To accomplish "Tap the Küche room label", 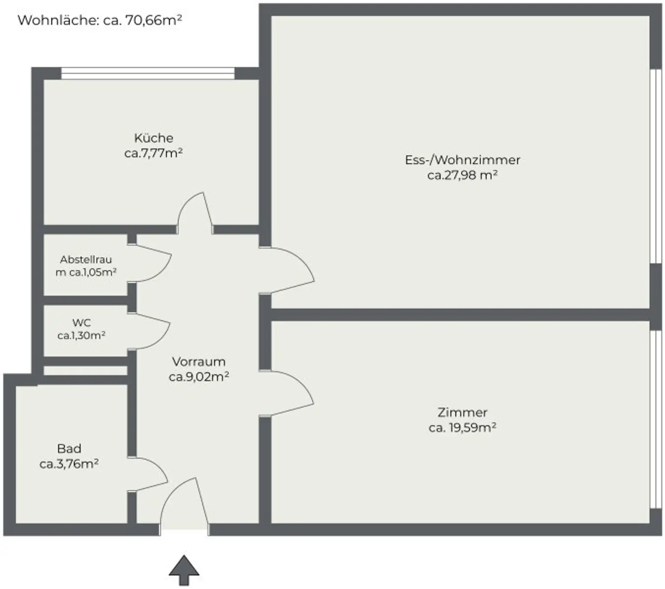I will coord(154,138).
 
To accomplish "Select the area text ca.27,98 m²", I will coord(462,176).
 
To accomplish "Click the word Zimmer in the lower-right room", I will coord(462,412).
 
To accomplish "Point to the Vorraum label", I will coord(199,361).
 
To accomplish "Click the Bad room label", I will coord(69,449).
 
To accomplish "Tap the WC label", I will coord(81,323).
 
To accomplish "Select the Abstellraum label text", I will coord(86,266).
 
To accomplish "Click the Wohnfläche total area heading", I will coord(100,20).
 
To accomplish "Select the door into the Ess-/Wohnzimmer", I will coord(288,269).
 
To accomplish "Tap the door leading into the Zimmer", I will coord(288,392).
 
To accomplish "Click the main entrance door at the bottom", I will coord(184,505).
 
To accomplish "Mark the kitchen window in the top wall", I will coord(148,73).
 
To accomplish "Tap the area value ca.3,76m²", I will coord(69,464).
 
